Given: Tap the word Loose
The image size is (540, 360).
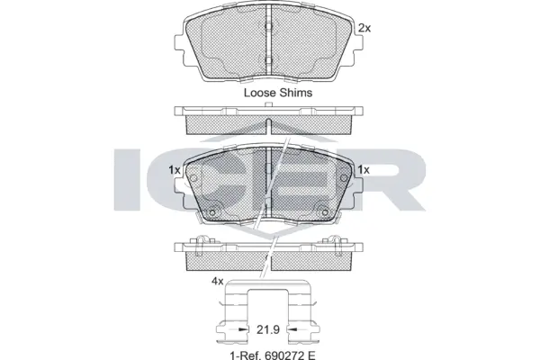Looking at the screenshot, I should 261,92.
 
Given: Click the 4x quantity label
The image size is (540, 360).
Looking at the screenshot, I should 216,282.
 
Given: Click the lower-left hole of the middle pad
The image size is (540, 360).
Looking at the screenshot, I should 214,212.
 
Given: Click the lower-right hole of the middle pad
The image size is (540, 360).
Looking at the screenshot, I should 324,212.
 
